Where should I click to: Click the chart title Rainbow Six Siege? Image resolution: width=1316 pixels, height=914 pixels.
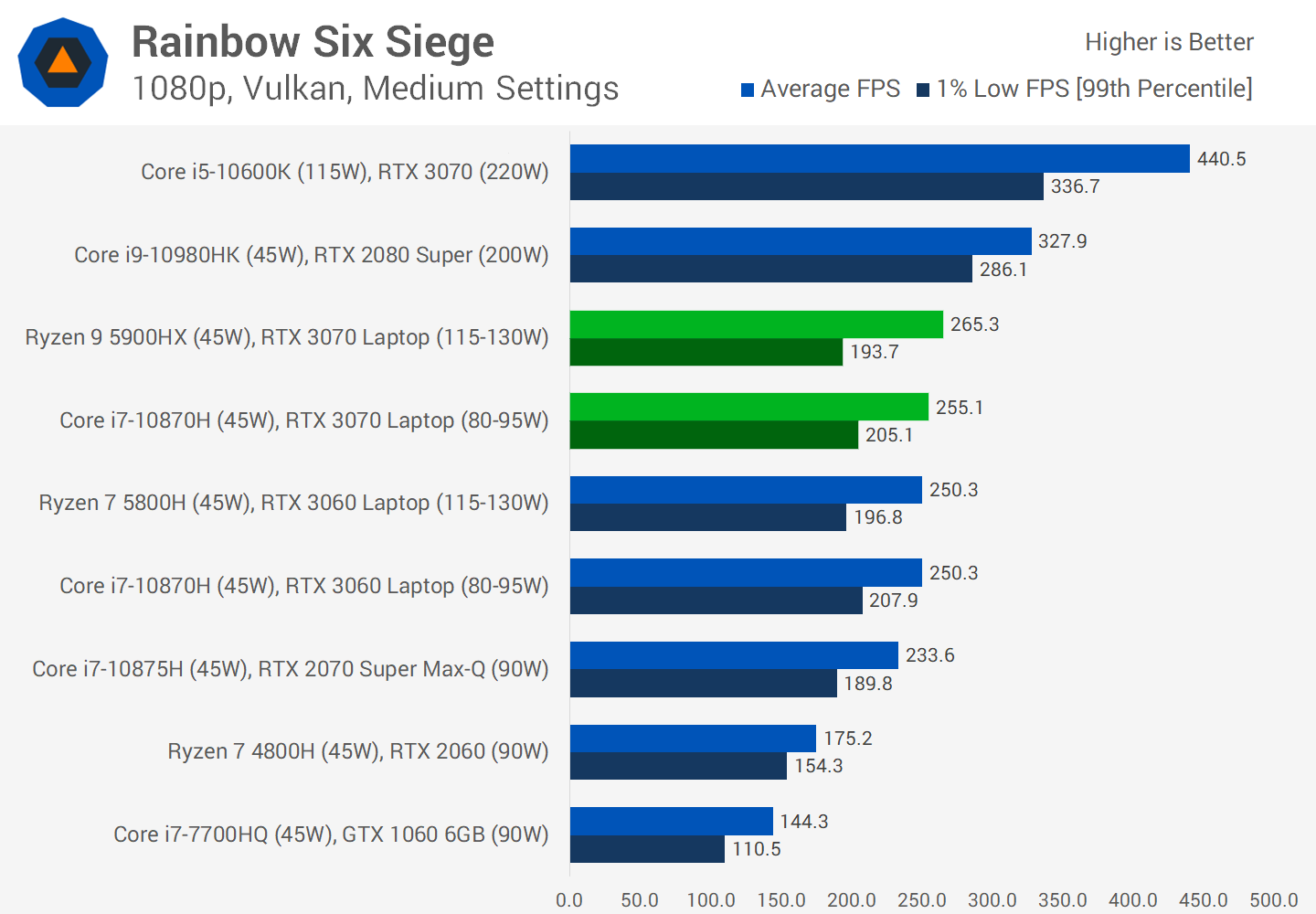[x=313, y=42]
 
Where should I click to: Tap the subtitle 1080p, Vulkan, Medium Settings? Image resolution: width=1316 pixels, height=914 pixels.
[x=375, y=89]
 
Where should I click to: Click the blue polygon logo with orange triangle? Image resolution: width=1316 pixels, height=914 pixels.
[x=63, y=62]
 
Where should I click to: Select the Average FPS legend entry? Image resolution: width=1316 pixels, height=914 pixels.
[x=820, y=89]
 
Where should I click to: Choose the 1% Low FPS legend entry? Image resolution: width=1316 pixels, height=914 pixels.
[x=1084, y=89]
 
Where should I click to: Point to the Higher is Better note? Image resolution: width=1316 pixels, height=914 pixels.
[x=1169, y=42]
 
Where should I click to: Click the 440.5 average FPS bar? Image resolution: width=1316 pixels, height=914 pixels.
[x=879, y=158]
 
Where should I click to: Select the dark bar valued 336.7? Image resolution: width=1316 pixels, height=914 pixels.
[x=806, y=186]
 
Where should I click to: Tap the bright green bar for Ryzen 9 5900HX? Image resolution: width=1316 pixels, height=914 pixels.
[x=756, y=324]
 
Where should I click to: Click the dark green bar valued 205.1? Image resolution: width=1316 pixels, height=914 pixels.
[x=714, y=435]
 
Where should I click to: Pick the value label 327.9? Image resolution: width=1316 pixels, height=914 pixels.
[x=1062, y=241]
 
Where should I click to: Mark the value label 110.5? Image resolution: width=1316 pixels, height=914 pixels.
[x=757, y=849]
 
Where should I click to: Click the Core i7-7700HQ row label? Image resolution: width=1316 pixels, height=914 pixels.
[x=331, y=834]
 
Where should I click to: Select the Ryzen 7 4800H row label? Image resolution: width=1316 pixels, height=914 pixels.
[x=357, y=751]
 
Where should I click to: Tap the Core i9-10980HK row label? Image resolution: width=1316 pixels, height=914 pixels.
[x=311, y=255]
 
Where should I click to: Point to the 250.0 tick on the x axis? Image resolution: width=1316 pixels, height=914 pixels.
[x=921, y=900]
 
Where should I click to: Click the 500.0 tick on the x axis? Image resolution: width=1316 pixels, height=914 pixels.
[x=1273, y=900]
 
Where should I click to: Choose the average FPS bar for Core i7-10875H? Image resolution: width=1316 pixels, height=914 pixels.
[x=734, y=655]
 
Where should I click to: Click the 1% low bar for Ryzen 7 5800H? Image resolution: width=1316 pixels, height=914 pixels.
[x=707, y=517]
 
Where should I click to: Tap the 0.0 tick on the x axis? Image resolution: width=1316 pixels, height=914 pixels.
[x=569, y=900]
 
